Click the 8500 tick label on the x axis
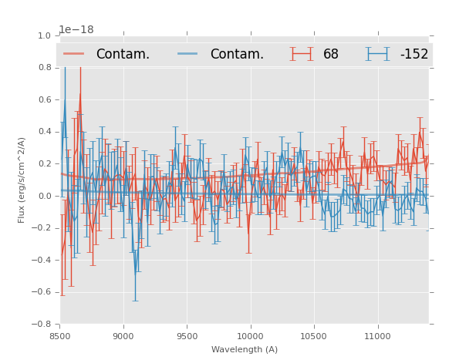tap(60, 336)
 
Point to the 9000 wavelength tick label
tap(123, 336)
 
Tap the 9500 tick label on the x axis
tap(187, 336)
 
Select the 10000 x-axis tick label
tap(250, 336)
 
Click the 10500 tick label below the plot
tap(313, 336)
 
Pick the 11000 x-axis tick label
tap(376, 336)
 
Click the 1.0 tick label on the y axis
tap(45, 36)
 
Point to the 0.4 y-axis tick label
tap(45, 132)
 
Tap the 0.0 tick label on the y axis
tap(45, 197)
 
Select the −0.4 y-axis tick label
tap(42, 261)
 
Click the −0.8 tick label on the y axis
tap(42, 325)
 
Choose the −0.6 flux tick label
tap(42, 293)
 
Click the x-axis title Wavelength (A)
tap(245, 349)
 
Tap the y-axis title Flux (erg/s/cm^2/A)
tap(22, 180)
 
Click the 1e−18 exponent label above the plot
tap(76, 29)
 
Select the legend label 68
tap(331, 54)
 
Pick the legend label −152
tap(414, 54)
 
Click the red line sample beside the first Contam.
tap(74, 54)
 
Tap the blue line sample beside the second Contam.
tap(188, 54)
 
